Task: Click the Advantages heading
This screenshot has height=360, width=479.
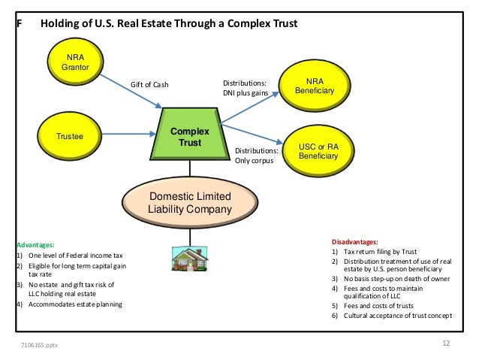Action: (35, 245)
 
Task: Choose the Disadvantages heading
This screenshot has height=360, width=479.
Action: (355, 241)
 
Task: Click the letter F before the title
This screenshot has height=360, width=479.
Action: (20, 23)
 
